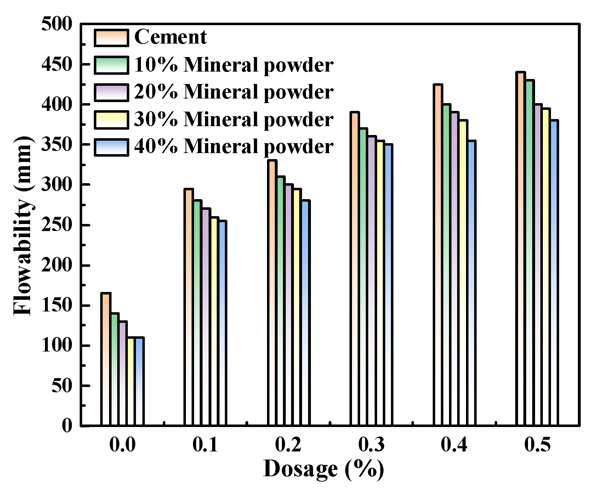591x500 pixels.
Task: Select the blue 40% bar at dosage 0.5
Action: [x=554, y=273]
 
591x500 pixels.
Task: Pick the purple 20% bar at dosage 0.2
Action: [x=289, y=305]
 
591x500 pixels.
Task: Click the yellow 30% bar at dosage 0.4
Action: [x=463, y=273]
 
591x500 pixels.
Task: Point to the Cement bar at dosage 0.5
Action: [x=521, y=248]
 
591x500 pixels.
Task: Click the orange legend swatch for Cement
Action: [x=111, y=38]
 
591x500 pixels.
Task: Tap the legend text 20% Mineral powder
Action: [x=233, y=92]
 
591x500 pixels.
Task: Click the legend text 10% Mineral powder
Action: [x=233, y=65]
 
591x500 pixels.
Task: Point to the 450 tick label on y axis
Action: [x=57, y=64]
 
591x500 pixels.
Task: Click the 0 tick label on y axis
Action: [x=67, y=425]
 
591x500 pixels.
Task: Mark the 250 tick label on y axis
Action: [x=57, y=225]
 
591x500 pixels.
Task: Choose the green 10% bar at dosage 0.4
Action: [x=446, y=266]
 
